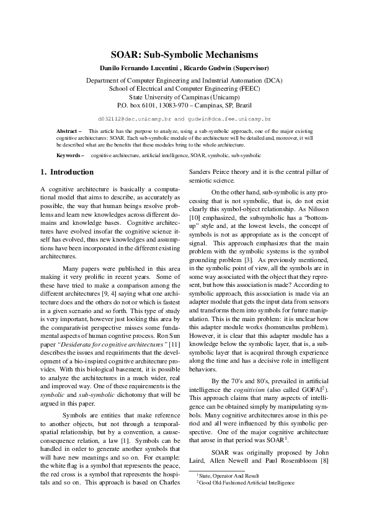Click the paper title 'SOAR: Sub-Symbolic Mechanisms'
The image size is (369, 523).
point(184,55)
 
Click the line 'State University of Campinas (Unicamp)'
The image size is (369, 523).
point(184,97)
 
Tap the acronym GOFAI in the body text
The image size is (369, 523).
point(309,389)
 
